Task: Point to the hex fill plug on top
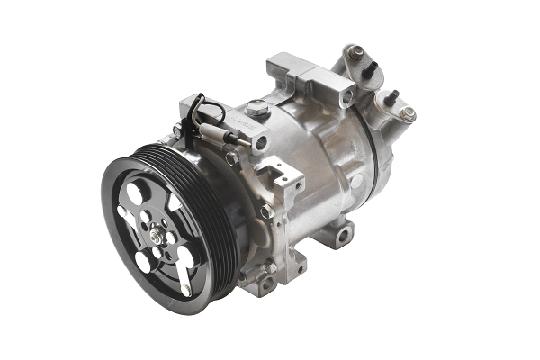[258, 109]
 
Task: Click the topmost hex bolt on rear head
[356, 52]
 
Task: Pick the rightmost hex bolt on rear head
[408, 113]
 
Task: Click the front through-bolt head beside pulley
[267, 211]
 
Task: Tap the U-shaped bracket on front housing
[286, 180]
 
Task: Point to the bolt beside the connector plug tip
[261, 142]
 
